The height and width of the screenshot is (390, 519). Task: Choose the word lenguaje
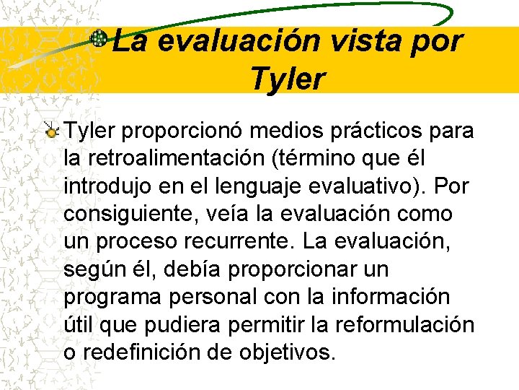pyautogui.click(x=232, y=186)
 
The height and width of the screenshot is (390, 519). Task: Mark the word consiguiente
pyautogui.click(x=124, y=214)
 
